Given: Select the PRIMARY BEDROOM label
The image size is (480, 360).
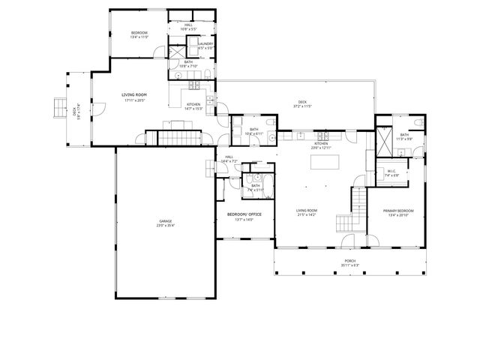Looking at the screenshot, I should point(394,211).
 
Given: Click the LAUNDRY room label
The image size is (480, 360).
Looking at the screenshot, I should point(205,43).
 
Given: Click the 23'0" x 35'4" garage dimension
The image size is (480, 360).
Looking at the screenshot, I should point(165,225).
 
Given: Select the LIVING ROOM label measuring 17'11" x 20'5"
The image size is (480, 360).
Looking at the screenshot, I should point(133,94).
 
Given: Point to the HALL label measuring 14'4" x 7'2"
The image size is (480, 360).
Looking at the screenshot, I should point(229,157).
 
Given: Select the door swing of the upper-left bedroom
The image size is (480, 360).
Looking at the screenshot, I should point(159,52).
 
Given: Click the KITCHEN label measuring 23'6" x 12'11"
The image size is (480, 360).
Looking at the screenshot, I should point(321,143).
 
